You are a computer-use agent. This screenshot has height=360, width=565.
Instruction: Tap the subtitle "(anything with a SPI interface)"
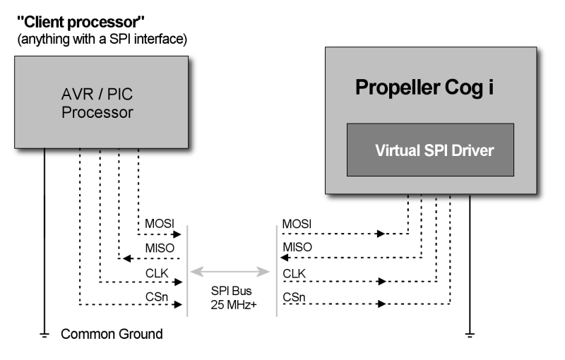(102, 40)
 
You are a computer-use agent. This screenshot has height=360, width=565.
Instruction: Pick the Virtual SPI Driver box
(429, 150)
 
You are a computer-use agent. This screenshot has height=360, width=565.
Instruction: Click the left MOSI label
(159, 225)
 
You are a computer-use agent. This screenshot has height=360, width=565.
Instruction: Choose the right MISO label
(297, 249)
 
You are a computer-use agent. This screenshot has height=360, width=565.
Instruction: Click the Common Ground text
(112, 334)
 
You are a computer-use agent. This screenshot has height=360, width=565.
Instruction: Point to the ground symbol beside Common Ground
(45, 335)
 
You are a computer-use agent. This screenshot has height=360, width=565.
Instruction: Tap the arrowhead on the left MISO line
(125, 258)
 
